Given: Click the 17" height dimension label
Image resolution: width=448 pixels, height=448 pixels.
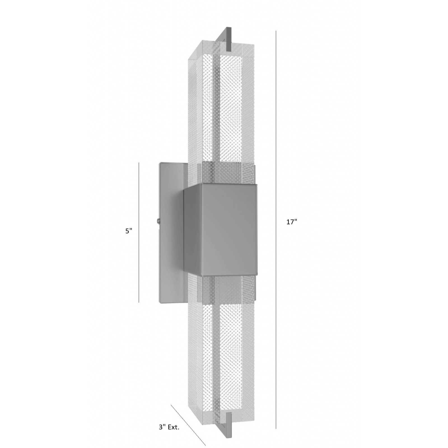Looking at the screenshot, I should point(291,222).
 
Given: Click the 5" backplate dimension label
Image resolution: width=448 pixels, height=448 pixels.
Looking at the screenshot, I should point(128,231).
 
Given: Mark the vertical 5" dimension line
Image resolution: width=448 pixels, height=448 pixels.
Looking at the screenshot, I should point(139,232).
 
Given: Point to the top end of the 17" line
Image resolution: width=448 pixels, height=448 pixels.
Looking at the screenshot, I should point(276,31).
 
